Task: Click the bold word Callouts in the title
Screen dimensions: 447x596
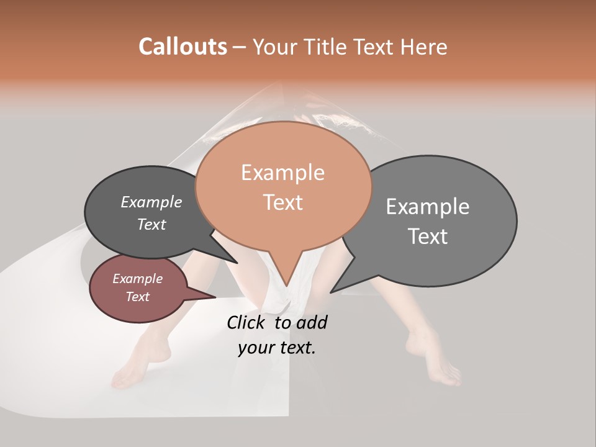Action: (x=183, y=47)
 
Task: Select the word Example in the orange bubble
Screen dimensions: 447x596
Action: (x=282, y=173)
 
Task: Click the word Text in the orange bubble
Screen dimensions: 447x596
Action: (x=283, y=202)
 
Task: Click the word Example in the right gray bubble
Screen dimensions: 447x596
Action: (x=428, y=206)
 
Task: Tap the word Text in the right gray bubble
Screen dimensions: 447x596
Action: (x=428, y=237)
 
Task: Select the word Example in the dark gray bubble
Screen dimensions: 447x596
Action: (x=151, y=202)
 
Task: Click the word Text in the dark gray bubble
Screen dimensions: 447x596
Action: (x=151, y=224)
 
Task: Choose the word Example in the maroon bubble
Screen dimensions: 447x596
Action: (x=137, y=279)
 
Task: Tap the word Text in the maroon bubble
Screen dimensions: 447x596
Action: (x=138, y=297)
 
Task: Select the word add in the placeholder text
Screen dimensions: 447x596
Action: (x=312, y=322)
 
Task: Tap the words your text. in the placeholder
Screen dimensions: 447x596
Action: (x=276, y=348)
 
